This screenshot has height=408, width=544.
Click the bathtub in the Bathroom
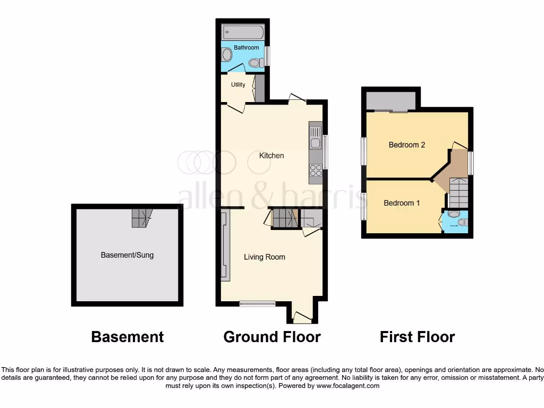coord(243,32)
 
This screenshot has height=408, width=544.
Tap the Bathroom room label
coord(246,48)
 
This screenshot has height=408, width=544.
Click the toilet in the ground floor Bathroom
coord(256,63)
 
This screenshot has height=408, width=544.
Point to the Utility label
coord(238,84)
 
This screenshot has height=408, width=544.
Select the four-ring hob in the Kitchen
coord(316,169)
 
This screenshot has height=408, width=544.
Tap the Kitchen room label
coord(271,156)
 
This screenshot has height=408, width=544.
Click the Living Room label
coord(264,257)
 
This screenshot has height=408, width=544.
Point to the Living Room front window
coord(257,304)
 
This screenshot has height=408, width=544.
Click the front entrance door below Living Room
coord(302,317)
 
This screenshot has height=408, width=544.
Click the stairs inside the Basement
coord(141,217)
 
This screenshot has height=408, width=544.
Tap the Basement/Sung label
coord(127,255)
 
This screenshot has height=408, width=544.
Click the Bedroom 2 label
coord(406,144)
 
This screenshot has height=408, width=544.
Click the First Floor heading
coord(417,337)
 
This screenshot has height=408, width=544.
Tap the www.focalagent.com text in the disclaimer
coord(347,386)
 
